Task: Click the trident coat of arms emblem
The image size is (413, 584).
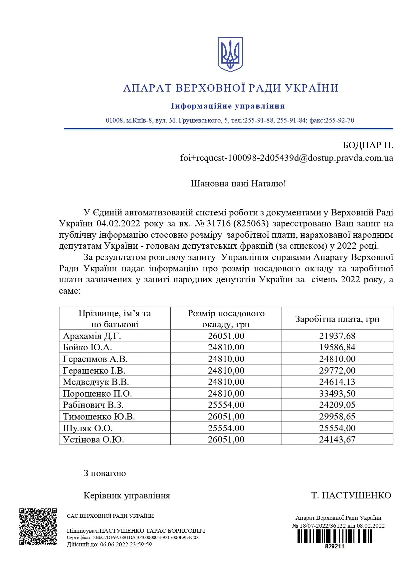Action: click(230, 54)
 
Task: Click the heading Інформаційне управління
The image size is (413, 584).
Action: click(228, 106)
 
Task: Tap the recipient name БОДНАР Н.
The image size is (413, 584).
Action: click(368, 145)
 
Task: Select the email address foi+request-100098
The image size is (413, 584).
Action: click(286, 158)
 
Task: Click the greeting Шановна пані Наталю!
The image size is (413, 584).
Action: click(238, 183)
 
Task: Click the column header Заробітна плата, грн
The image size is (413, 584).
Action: click(337, 319)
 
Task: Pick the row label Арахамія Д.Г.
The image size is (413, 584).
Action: click(92, 336)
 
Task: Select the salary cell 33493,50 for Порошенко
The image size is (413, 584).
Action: click(337, 394)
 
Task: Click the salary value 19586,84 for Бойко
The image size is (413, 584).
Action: click(337, 347)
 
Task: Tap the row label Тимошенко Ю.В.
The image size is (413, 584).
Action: click(99, 417)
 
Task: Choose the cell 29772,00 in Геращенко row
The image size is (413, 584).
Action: click(337, 371)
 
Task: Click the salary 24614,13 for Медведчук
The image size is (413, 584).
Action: click(337, 382)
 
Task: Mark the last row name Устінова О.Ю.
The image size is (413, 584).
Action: click(94, 439)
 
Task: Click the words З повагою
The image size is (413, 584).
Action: click(105, 473)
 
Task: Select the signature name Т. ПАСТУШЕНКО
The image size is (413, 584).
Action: click(351, 495)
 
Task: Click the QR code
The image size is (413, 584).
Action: click(38, 527)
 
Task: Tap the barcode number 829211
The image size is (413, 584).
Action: click(334, 546)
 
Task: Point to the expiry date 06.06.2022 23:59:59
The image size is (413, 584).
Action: click(126, 545)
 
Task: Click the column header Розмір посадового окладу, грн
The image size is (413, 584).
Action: click(226, 319)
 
